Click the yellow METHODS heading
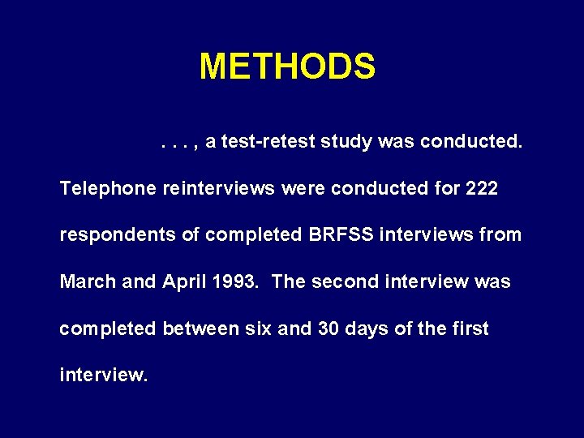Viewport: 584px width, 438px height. tap(287, 67)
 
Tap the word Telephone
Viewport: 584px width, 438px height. tap(108, 189)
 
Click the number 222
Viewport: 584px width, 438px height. tap(482, 189)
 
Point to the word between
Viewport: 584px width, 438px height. tap(195, 328)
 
